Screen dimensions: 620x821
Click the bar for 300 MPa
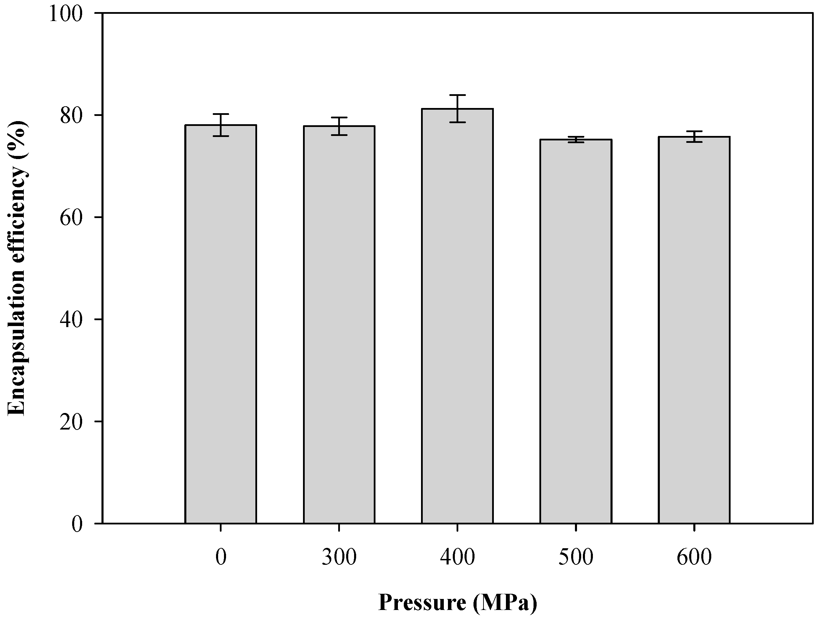tap(339, 325)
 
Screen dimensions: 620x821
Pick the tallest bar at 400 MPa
tap(457, 316)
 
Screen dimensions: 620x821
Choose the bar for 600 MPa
tap(694, 330)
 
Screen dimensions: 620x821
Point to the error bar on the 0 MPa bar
tap(221, 125)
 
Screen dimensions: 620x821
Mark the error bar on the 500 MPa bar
tap(576, 139)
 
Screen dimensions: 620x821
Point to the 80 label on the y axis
tap(71, 116)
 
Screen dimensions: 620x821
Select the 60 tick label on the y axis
tap(71, 218)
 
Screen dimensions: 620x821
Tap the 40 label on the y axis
tap(71, 320)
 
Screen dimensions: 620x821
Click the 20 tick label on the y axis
tap(71, 422)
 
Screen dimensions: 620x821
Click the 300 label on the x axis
tap(339, 557)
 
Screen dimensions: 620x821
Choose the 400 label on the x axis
tap(457, 557)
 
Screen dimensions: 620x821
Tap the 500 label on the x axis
tap(576, 557)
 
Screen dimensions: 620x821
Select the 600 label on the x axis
tap(694, 557)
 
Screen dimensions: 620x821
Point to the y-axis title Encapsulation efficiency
tap(17, 267)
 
